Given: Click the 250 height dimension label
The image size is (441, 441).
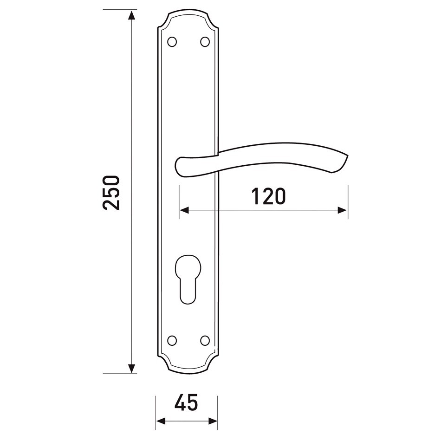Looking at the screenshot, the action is tap(111, 193).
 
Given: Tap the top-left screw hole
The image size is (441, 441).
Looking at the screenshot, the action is tap(172, 42).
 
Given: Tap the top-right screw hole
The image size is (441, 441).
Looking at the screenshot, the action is tap(205, 42).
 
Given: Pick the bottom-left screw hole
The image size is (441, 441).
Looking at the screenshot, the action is tap(172, 340).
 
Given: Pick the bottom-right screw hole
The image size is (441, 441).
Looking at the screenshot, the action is tap(205, 340).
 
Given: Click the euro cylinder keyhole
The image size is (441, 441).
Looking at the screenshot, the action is tap(188, 279).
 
